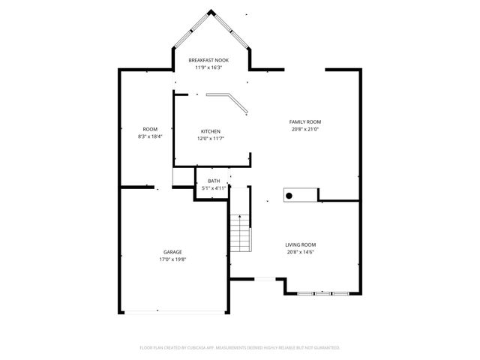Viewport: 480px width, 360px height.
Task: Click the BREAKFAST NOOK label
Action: point(208,60)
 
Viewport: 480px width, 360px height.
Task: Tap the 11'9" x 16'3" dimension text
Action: point(208,67)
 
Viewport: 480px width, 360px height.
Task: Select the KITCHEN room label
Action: point(210,131)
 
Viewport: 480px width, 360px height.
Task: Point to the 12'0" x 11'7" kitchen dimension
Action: point(210,139)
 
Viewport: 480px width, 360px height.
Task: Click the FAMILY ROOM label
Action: point(305,121)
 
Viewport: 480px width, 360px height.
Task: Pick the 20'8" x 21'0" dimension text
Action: point(305,129)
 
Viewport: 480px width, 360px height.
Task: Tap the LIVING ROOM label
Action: point(300,245)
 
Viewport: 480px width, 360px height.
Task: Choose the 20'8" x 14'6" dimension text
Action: point(300,253)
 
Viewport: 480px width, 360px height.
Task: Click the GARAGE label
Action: point(172,252)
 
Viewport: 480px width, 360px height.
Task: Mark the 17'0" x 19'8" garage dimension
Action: point(172,259)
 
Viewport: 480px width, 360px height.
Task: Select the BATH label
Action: point(214,181)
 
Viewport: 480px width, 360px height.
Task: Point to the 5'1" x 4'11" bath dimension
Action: point(214,188)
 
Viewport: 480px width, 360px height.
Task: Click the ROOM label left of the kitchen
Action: point(150,129)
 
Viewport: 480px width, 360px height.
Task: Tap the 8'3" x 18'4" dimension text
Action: point(150,136)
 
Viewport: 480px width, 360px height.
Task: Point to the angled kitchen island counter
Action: point(228,102)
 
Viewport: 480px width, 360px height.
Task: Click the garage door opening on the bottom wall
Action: point(174,310)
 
